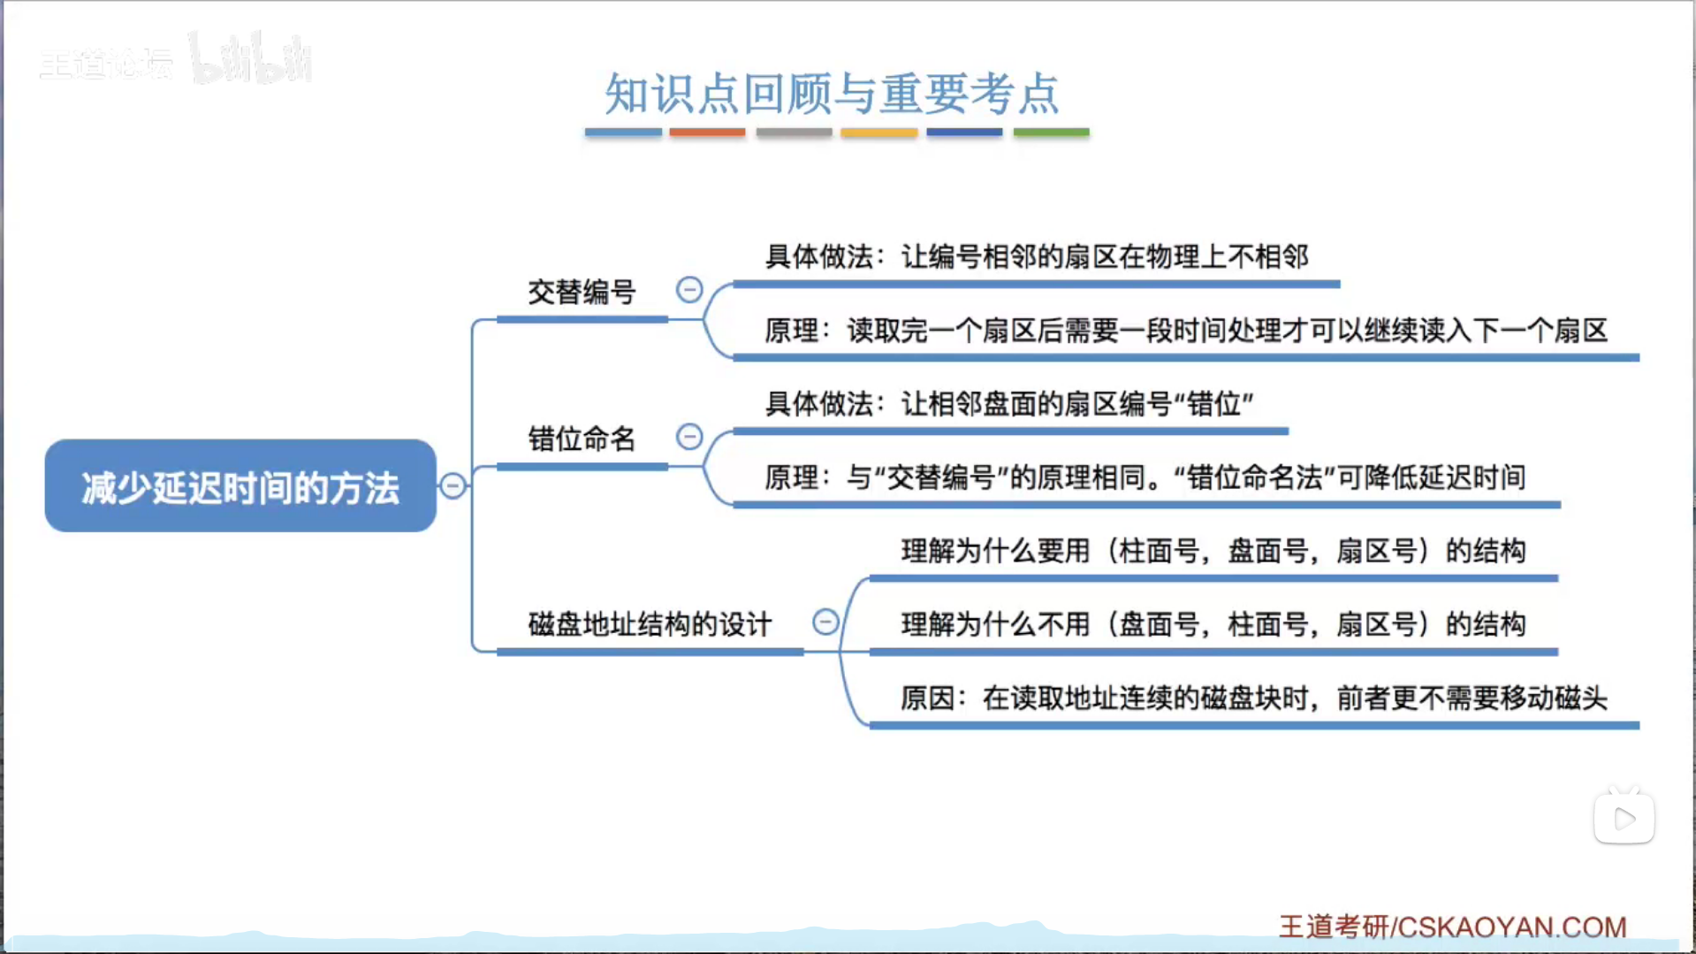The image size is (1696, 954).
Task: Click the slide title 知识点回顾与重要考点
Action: coord(832,94)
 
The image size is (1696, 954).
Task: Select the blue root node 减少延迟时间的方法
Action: coord(240,486)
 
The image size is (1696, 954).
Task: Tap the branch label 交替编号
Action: coord(582,292)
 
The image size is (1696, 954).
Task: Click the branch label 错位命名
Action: coord(582,439)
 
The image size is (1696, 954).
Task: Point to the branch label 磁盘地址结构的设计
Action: coord(650,624)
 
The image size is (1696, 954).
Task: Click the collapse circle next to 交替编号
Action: coord(689,289)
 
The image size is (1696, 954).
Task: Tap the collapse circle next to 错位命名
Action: coord(689,437)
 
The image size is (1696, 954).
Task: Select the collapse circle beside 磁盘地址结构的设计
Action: coord(825,622)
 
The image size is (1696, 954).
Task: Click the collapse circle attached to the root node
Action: coord(453,485)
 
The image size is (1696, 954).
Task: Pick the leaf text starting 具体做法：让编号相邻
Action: coord(1036,256)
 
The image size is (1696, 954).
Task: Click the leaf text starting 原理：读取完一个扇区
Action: coord(1185,331)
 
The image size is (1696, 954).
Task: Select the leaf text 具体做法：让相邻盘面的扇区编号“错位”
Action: coord(1009,404)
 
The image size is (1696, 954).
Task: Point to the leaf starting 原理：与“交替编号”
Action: coord(1145,477)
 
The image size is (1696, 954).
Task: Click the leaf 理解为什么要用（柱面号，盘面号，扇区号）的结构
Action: coord(1213,551)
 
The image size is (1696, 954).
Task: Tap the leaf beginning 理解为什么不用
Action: coord(1213,624)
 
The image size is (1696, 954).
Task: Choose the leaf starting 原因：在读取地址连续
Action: coord(1253,698)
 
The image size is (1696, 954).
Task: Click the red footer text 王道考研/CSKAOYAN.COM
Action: coord(1452,927)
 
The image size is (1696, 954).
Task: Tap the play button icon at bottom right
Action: coord(1624,819)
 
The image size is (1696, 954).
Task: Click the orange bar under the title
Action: coord(707,133)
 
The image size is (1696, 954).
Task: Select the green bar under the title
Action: coord(1051,133)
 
